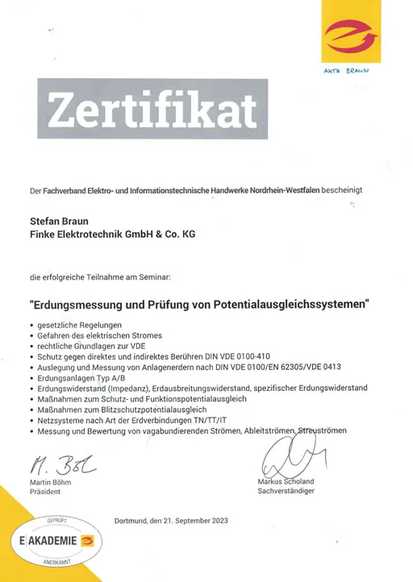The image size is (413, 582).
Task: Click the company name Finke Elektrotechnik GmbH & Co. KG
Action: pyautogui.click(x=112, y=234)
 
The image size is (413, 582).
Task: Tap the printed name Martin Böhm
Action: pyautogui.click(x=51, y=482)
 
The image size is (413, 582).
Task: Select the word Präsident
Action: pyautogui.click(x=46, y=492)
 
